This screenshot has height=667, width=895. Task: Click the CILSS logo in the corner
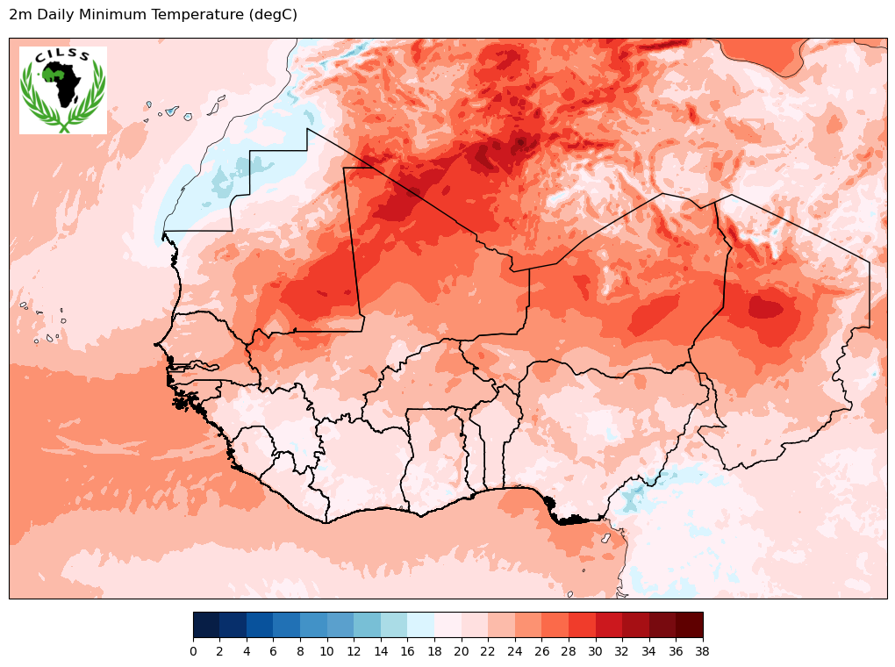(x=63, y=90)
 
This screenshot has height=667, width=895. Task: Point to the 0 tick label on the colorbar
(x=193, y=651)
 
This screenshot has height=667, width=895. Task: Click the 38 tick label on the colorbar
(x=703, y=651)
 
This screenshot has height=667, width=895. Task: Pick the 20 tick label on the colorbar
(x=462, y=651)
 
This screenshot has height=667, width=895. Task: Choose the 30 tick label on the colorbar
(x=596, y=651)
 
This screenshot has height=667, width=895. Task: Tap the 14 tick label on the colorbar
(x=381, y=651)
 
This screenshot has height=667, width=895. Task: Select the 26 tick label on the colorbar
(x=542, y=651)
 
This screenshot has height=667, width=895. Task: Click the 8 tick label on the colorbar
(x=300, y=651)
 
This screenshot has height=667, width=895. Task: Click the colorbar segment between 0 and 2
(x=206, y=624)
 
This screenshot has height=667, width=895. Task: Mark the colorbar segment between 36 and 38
(x=690, y=624)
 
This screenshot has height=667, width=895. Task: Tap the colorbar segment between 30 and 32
(x=609, y=624)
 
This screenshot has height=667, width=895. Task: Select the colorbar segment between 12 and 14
(x=368, y=624)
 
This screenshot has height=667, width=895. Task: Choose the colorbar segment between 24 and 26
(x=528, y=624)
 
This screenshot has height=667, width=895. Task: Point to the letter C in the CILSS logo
(x=39, y=60)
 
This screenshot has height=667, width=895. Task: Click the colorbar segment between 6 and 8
(x=287, y=624)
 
